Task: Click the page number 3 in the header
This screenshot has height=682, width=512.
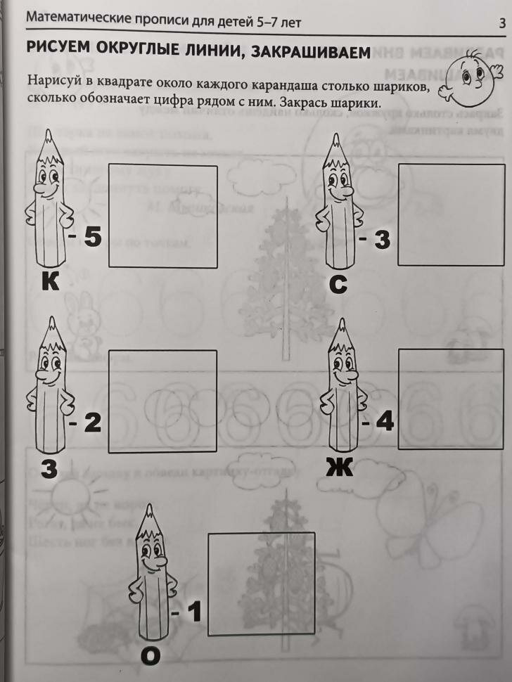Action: (x=502, y=23)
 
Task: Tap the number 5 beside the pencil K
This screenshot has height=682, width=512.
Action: (x=93, y=237)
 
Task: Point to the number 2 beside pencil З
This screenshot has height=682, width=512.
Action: (x=93, y=423)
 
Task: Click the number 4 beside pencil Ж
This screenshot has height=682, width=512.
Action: (x=385, y=422)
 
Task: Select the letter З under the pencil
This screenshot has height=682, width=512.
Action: (x=48, y=468)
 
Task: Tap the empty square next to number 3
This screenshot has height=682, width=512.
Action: (x=451, y=214)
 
